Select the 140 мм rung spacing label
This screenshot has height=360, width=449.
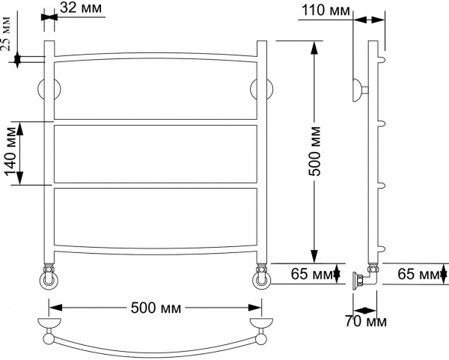coord(11,152)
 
